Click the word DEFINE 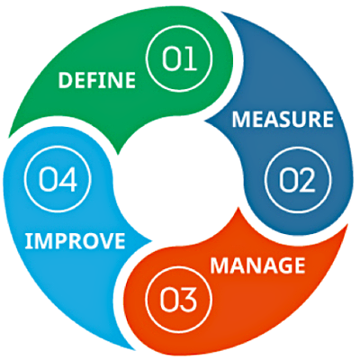tap(97, 80)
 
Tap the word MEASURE tap(283, 119)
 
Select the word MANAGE tap(257, 265)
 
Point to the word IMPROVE tap(75, 240)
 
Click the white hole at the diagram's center tap(177, 177)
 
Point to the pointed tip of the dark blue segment tap(205, 121)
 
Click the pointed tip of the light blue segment tap(152, 240)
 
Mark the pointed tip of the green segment tap(118, 154)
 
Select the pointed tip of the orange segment tap(239, 208)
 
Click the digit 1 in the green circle tap(191, 58)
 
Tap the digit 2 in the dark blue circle tap(306, 181)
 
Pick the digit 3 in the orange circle tap(187, 300)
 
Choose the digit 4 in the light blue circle tap(67, 179)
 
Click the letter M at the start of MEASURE tap(240, 120)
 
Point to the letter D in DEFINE tap(65, 80)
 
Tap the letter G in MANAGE tap(280, 265)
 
